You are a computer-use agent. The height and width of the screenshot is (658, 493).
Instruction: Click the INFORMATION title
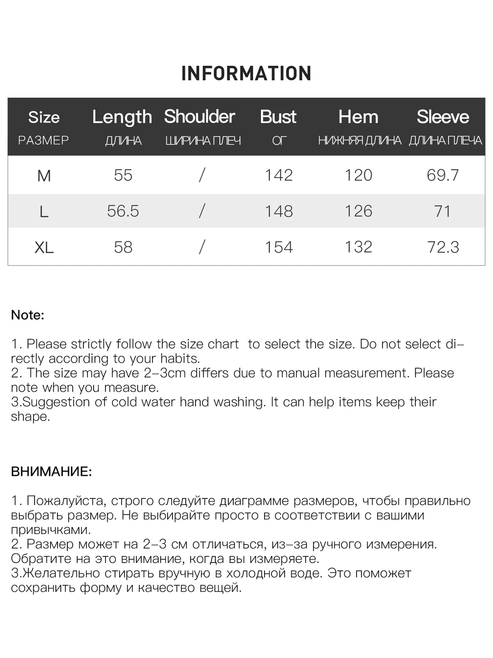246,74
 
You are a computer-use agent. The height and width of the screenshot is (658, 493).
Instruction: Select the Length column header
122,117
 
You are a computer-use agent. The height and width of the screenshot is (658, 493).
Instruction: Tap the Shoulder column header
200,117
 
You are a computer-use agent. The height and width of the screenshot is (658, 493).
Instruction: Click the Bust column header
278,117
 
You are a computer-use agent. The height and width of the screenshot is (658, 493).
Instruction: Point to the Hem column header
358,117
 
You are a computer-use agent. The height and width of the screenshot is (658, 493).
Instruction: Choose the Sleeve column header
443,117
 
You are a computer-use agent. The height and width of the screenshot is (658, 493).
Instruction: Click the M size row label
44,176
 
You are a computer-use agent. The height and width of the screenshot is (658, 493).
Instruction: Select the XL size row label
44,248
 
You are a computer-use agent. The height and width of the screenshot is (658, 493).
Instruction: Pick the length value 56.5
123,211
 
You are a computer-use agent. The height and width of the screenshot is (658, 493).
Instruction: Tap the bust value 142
279,176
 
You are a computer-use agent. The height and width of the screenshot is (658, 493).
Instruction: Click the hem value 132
358,247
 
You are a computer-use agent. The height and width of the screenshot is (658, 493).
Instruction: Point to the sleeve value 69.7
442,176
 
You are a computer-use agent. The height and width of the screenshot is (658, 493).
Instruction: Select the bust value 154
279,247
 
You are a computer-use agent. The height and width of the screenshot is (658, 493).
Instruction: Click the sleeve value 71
442,211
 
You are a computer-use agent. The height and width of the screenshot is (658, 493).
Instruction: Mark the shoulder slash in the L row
202,211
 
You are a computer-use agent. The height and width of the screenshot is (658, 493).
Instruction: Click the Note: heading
28,315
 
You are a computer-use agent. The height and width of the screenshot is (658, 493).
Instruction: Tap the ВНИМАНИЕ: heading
51,472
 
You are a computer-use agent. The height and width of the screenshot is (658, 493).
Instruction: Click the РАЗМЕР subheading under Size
44,141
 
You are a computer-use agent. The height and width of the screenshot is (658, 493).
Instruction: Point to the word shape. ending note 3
30,417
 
